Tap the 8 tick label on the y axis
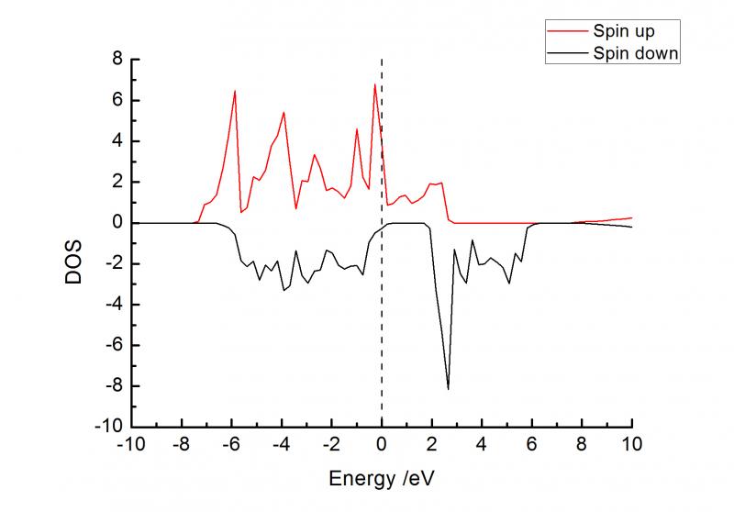(117, 60)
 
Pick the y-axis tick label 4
(117, 141)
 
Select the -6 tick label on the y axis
(113, 345)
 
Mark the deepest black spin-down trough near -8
(448, 388)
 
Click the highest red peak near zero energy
(374, 85)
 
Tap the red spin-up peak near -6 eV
(235, 91)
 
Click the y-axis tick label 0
(117, 223)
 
